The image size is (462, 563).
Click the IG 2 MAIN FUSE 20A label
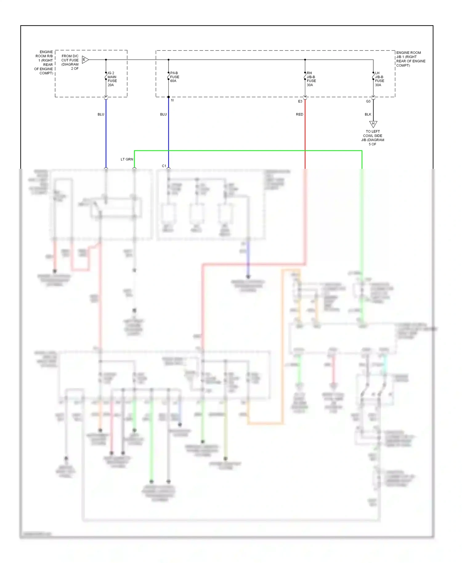click(112, 79)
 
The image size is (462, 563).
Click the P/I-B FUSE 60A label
click(174, 77)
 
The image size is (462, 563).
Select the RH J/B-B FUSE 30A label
click(311, 79)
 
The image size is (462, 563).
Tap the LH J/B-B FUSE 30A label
click(379, 79)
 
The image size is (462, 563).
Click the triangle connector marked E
click(85, 60)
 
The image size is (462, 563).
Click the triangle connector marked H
click(373, 124)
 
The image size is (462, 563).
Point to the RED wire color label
click(299, 114)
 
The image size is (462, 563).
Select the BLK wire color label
click(368, 114)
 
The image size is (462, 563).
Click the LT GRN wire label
click(127, 159)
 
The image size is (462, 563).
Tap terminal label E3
click(300, 101)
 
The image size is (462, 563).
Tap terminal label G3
click(368, 101)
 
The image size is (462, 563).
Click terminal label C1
click(164, 166)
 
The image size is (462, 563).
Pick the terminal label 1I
click(172, 100)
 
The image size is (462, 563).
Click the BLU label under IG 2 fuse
click(101, 114)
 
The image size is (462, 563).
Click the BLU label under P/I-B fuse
click(163, 114)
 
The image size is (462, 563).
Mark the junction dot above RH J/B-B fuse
click(305, 60)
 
